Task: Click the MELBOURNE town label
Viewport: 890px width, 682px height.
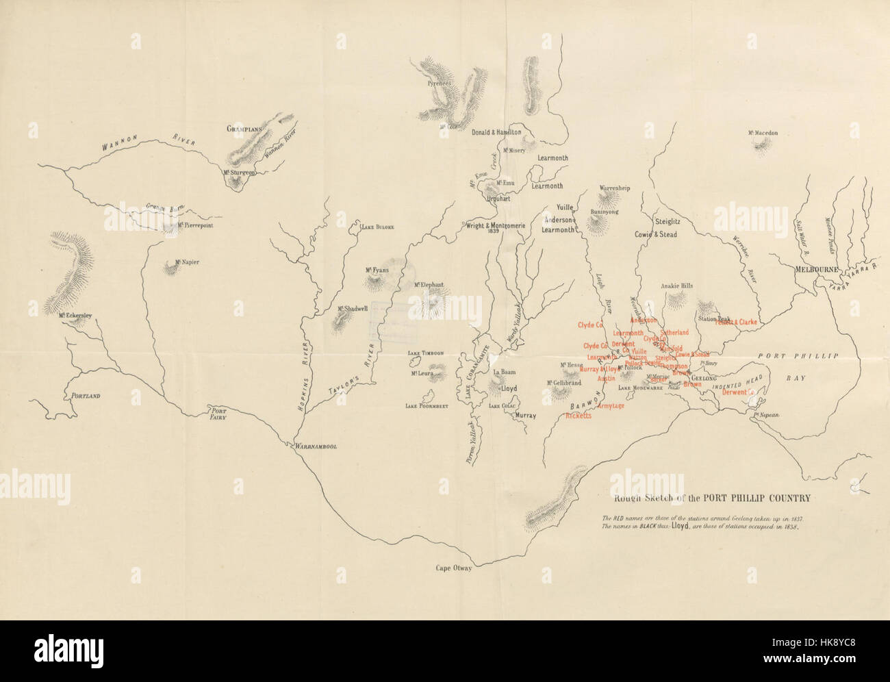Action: (815, 269)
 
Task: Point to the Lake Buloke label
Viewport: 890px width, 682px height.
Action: (378, 227)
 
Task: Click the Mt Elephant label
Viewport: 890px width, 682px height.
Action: (429, 285)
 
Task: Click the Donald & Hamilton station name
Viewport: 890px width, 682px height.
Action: (496, 132)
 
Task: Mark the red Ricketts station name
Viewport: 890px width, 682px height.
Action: (578, 416)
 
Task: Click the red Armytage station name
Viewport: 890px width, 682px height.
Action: (610, 406)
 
